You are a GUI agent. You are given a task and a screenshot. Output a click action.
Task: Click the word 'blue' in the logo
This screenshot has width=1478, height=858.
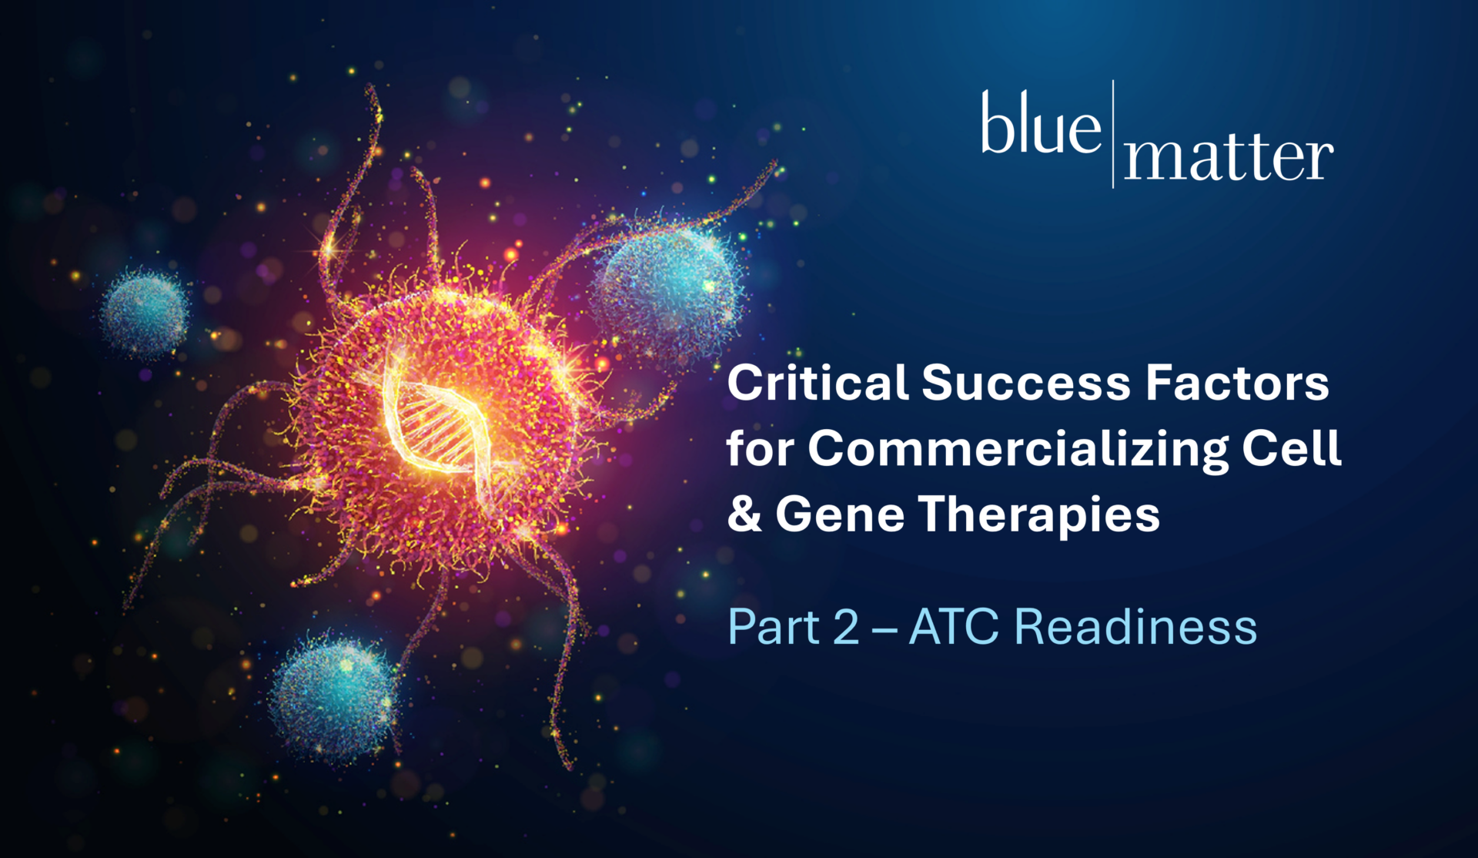1041,123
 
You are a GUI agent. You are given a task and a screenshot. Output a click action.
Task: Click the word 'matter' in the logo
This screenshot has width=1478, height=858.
1229,158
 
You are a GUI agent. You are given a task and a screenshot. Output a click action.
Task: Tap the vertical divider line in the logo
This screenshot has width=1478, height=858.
1113,133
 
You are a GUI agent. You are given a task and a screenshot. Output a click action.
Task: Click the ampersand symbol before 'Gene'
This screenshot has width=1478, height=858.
744,514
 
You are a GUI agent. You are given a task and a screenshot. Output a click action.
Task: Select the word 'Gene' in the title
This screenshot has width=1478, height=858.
840,514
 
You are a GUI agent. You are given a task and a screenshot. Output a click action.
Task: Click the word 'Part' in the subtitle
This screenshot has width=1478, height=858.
774,626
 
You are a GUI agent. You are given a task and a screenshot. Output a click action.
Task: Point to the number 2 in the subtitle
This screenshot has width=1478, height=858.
846,626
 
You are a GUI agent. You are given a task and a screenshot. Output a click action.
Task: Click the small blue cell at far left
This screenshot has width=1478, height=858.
145,313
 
